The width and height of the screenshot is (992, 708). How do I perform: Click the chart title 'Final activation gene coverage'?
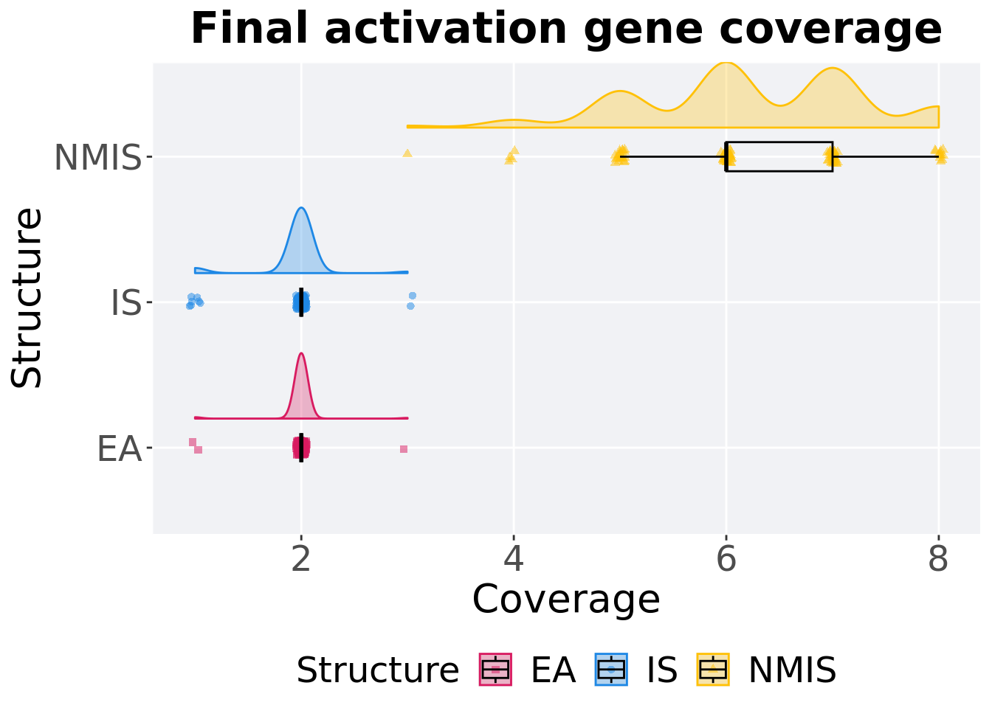click(x=566, y=29)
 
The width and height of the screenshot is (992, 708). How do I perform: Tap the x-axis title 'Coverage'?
click(x=566, y=599)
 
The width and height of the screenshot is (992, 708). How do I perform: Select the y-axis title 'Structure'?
click(x=28, y=297)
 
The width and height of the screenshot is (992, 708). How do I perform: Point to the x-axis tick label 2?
click(x=301, y=560)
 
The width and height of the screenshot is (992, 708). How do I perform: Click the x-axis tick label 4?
click(x=514, y=560)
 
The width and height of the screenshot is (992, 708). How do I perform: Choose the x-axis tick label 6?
click(x=726, y=560)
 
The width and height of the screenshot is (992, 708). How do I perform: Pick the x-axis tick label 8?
click(x=938, y=560)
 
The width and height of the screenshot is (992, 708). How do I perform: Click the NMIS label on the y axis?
click(x=97, y=158)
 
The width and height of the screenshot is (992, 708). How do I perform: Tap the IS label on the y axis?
click(x=125, y=303)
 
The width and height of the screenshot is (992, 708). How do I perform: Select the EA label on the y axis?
click(x=119, y=449)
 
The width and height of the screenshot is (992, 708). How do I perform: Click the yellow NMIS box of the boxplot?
click(x=779, y=156)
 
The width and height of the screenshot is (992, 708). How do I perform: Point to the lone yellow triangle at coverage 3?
click(x=407, y=153)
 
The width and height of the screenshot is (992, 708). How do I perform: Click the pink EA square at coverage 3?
click(x=404, y=449)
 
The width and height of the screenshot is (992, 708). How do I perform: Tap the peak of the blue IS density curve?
click(x=301, y=208)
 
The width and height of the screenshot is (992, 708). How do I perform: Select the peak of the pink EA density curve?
click(x=301, y=353)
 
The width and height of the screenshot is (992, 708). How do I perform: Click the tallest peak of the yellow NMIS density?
click(x=726, y=63)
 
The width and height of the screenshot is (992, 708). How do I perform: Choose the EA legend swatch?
click(x=495, y=670)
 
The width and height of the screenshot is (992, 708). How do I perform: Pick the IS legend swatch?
click(x=611, y=670)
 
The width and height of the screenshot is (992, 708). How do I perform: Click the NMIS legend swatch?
click(x=713, y=670)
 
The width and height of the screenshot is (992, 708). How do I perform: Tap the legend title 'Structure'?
click(x=377, y=670)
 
